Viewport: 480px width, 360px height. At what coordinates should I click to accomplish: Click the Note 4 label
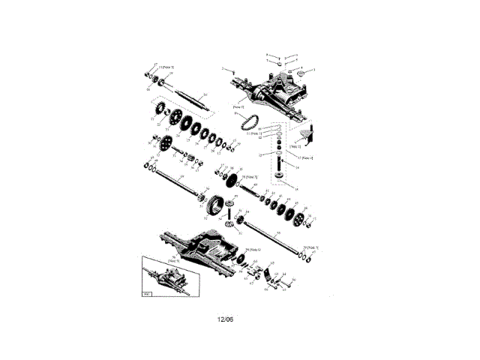point(306,158)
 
